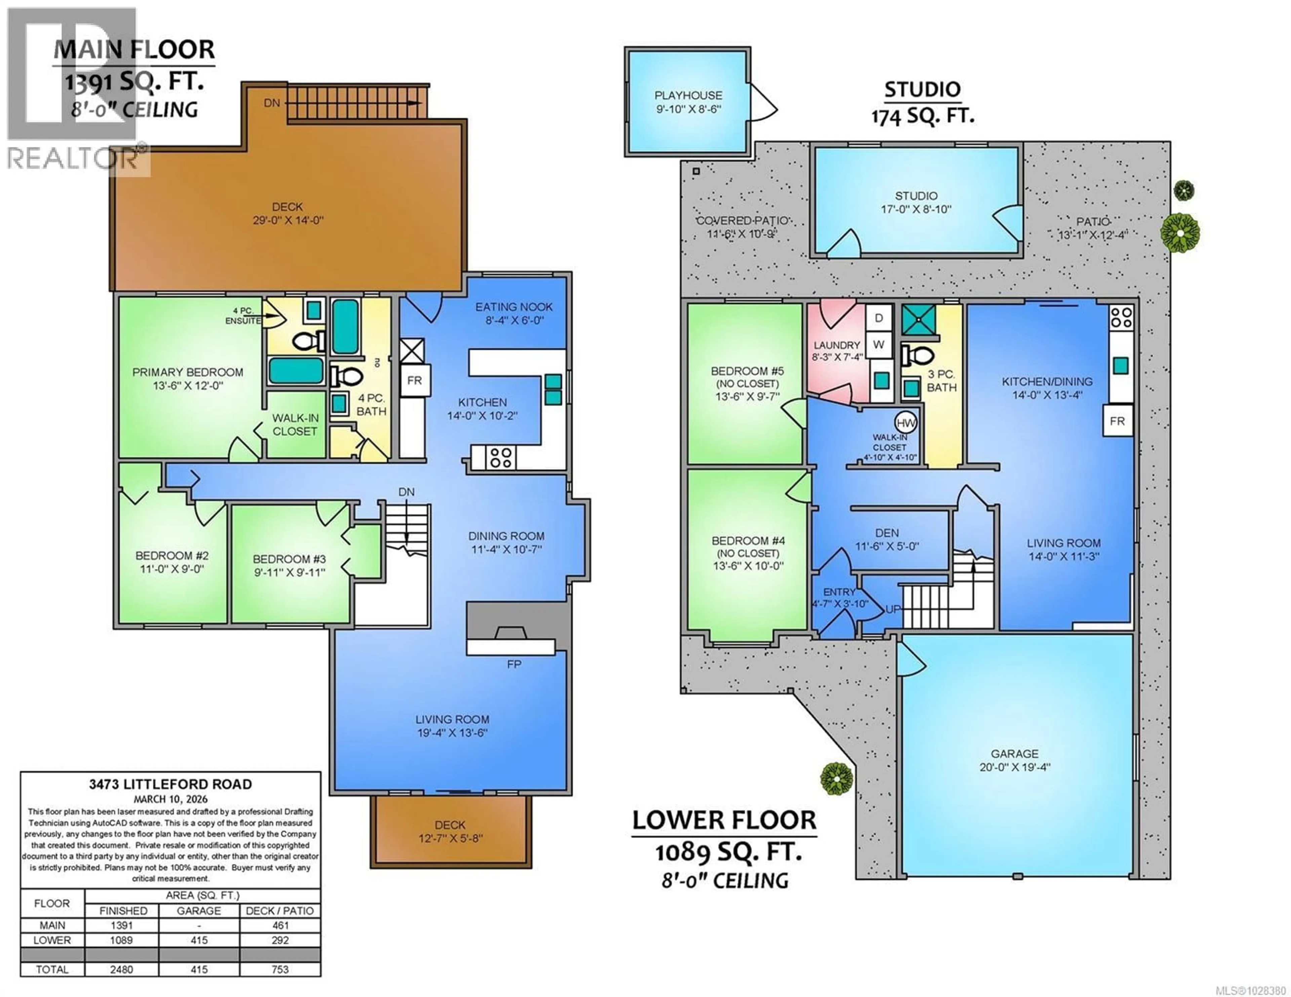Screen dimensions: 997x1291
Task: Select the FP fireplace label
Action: [514, 664]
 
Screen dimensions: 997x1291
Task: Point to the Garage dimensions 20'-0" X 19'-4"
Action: [1014, 767]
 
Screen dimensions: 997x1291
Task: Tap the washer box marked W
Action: [878, 344]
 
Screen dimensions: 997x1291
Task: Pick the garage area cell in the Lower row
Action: [199, 940]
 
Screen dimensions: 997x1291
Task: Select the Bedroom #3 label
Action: [289, 559]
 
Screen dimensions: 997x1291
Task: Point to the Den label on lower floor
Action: [887, 533]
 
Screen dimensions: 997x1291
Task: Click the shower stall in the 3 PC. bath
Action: [918, 320]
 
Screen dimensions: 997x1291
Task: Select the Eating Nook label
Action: [514, 307]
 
